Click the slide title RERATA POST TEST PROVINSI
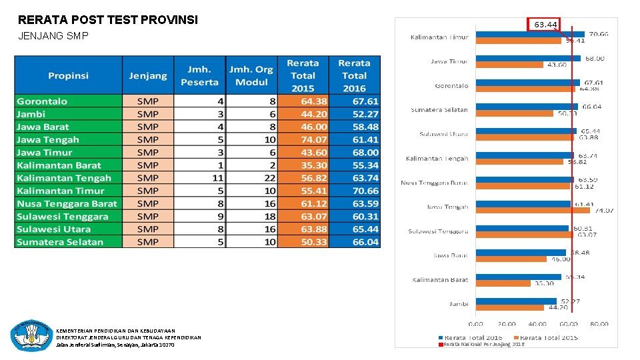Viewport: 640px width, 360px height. pos(108,20)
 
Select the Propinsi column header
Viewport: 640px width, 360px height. pos(68,75)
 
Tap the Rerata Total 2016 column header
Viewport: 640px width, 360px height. pos(354,75)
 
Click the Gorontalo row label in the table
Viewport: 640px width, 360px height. pos(42,101)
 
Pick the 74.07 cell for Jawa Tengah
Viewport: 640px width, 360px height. pos(303,139)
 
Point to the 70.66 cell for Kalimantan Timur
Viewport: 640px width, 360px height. pos(354,191)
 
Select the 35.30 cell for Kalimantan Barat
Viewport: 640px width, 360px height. pos(303,165)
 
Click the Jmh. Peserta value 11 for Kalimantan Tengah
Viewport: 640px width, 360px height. pos(217,178)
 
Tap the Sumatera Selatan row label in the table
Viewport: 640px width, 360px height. pos(60,242)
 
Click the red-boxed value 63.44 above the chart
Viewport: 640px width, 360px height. pos(545,25)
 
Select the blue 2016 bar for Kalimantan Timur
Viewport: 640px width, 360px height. pos(529,34)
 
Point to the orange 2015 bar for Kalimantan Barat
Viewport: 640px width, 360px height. pos(503,283)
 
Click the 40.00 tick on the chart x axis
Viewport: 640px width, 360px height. pos(537,324)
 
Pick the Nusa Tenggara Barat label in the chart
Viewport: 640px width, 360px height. pos(435,183)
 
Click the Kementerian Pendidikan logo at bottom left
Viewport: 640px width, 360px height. pos(31,335)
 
